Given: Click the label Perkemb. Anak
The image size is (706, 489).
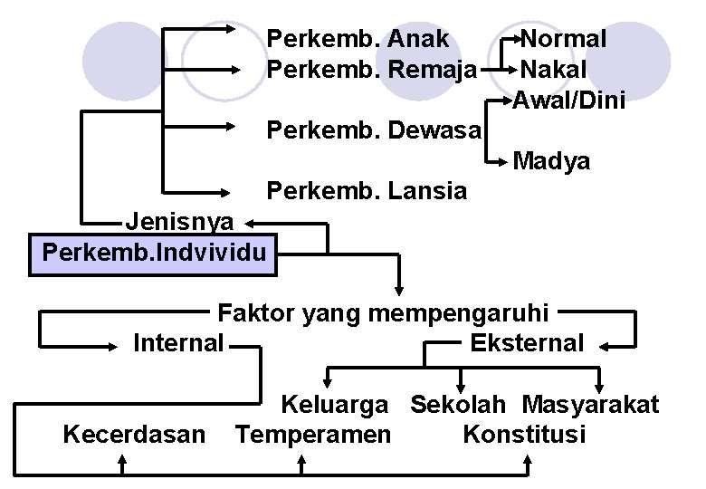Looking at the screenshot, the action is coord(358,39).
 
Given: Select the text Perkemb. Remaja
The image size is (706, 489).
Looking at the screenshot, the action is coord(372,69).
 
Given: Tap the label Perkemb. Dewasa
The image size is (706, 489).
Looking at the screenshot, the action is coord(373,130).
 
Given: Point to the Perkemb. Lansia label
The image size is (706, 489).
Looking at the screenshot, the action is coord(367,191).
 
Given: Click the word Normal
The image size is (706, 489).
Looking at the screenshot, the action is coord(564,39).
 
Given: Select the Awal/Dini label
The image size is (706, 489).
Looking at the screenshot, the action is coord(569,100).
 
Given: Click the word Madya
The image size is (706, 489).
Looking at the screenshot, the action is coord(551,162).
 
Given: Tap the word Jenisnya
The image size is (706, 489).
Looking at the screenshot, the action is coord(179,220).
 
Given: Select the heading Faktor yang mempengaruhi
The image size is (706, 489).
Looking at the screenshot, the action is coord(383,313).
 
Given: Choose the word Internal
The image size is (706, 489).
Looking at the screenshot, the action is coord(178,343).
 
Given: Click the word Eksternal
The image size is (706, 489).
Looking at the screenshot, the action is coord(528,343).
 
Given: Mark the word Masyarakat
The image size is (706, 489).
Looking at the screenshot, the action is coord(590,405).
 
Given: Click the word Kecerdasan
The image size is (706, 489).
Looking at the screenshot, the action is coord(134,435).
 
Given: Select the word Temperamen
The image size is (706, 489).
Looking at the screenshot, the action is coord(313,435).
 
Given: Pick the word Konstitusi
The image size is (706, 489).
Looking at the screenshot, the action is coord(524,435).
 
